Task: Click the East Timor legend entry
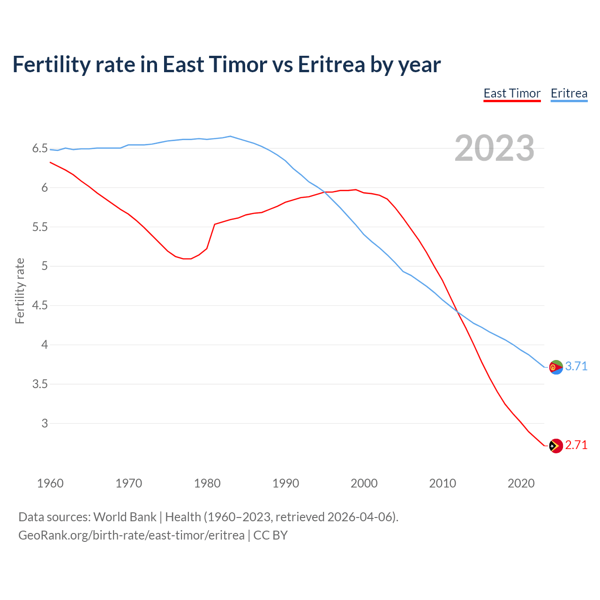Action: click(512, 93)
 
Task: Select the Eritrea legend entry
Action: click(569, 93)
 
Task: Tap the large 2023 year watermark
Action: click(495, 148)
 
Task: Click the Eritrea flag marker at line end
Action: click(556, 367)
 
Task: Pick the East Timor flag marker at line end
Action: click(556, 446)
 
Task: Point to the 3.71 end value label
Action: click(576, 366)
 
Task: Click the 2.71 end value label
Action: click(576, 445)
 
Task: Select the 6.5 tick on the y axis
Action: click(40, 149)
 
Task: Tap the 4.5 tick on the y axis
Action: click(40, 306)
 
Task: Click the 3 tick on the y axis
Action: click(45, 423)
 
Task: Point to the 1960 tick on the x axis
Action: click(50, 483)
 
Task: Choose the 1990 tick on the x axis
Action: click(285, 483)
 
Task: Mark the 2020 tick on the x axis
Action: click(521, 483)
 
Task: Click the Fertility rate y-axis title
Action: click(20, 291)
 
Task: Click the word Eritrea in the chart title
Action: click(331, 64)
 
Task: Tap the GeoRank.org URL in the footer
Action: click(131, 535)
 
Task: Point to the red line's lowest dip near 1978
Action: click(187, 259)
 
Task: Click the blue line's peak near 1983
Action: click(230, 136)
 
